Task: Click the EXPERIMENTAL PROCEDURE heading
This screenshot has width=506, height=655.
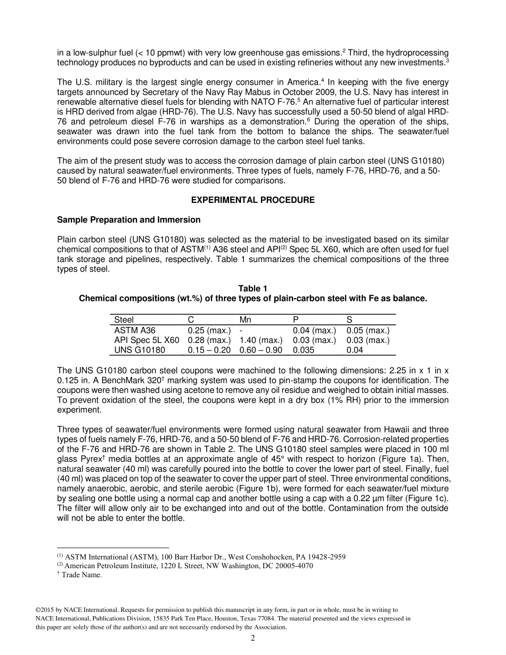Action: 252,200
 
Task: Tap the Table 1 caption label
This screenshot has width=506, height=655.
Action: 252,289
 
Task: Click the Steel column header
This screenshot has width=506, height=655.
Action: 124,320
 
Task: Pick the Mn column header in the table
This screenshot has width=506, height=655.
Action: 246,320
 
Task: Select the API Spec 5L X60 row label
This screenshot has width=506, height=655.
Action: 146,340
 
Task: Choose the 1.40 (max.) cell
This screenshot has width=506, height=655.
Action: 261,340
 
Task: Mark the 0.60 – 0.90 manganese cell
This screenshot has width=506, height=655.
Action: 261,350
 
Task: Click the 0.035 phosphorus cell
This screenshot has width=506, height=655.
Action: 304,350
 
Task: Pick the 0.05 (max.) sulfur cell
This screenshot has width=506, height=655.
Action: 368,331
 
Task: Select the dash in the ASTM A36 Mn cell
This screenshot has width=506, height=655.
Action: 241,331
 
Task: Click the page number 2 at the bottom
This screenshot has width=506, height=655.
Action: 253,639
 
